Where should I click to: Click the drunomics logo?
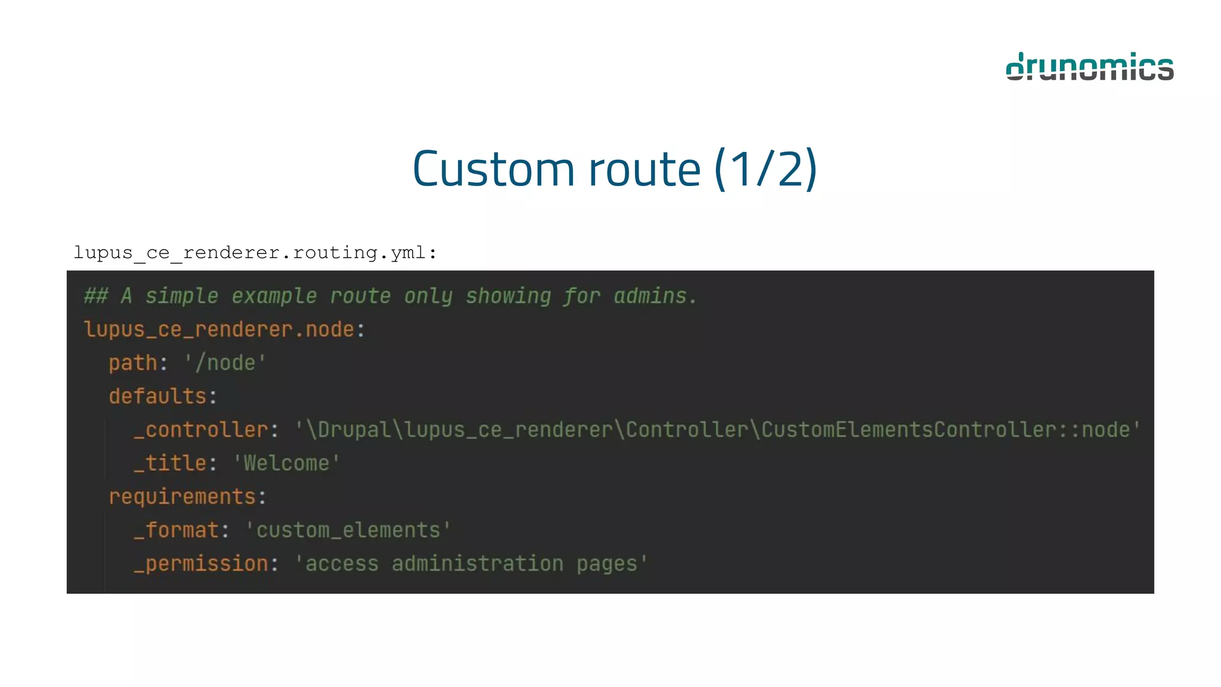[x=1089, y=66]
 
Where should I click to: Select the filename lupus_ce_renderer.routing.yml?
[x=255, y=253]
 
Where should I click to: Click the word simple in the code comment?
[x=182, y=296]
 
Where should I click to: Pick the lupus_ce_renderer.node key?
[x=219, y=329]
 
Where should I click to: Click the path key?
[x=132, y=363]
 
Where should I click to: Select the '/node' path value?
[x=225, y=363]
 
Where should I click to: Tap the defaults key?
[x=157, y=396]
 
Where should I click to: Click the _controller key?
[x=201, y=429]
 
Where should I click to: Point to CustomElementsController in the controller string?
[x=909, y=429]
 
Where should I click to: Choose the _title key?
[x=170, y=463]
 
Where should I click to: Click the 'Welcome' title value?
[x=286, y=463]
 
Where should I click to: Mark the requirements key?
[x=182, y=496]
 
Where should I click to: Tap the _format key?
[x=176, y=530]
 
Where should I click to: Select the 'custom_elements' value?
[x=348, y=530]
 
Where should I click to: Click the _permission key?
[x=201, y=563]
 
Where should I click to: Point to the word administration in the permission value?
[x=477, y=563]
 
